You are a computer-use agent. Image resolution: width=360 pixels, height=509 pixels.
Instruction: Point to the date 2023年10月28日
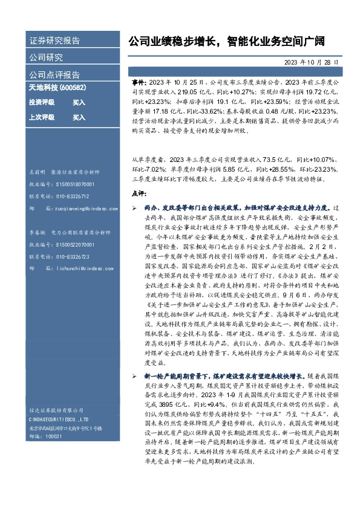[311, 62]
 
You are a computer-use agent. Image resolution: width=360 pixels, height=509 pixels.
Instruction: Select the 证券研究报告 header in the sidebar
[54, 42]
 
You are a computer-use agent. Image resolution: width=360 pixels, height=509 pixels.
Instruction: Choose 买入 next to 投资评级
[79, 102]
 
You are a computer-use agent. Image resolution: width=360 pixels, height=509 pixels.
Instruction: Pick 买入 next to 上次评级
[79, 117]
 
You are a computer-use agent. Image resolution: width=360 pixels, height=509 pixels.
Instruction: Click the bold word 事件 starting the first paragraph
[139, 80]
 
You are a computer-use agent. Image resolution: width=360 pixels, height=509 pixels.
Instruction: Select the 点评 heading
[139, 193]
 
